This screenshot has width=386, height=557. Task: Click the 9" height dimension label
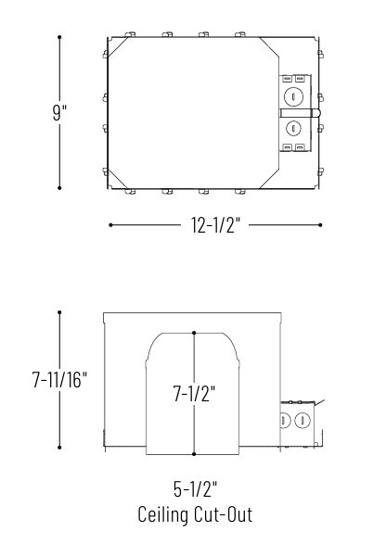click(59, 112)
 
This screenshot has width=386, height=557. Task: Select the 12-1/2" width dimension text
click(214, 225)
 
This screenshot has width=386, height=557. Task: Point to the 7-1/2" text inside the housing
click(194, 394)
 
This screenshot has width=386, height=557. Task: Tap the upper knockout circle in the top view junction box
click(294, 95)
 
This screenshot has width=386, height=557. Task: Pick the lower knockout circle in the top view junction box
click(294, 128)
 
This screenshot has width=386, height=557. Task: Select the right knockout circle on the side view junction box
click(302, 421)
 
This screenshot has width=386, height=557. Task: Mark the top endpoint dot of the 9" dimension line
click(59, 37)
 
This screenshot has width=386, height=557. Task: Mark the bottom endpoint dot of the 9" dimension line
click(59, 188)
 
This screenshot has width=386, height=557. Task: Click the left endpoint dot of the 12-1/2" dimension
click(110, 224)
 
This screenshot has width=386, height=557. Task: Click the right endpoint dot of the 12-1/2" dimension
click(321, 224)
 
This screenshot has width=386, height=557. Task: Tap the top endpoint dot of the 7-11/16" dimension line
click(59, 312)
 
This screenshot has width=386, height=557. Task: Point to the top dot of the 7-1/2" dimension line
click(194, 332)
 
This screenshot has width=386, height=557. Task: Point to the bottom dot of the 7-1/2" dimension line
click(194, 454)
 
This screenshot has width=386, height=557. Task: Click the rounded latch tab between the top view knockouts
click(315, 112)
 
